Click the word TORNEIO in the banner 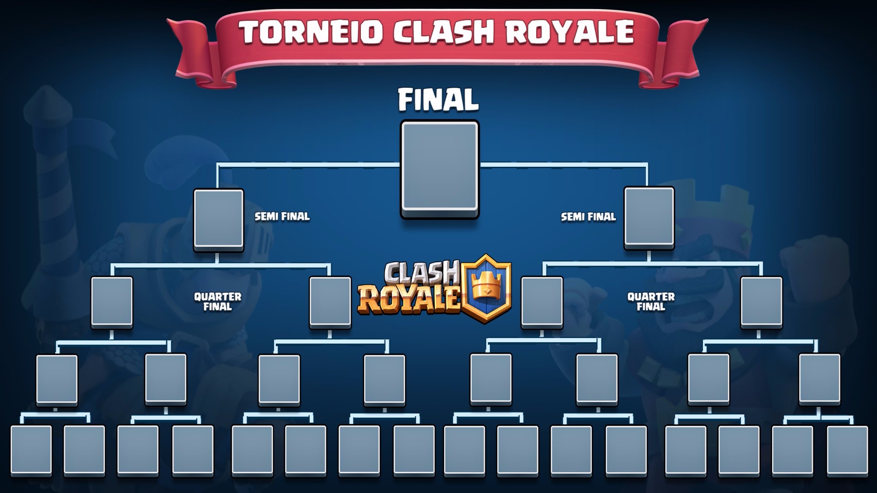311,32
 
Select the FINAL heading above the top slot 438,100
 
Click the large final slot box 439,168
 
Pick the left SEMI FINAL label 282,217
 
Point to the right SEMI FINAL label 588,217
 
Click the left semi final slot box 218,220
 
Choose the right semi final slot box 649,218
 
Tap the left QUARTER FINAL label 217,302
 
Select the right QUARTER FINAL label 651,302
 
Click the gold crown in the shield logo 487,285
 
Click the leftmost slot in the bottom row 31,450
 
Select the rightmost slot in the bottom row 847,450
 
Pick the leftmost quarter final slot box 112,302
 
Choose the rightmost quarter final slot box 761,302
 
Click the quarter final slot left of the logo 330,302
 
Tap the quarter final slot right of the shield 542,302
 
